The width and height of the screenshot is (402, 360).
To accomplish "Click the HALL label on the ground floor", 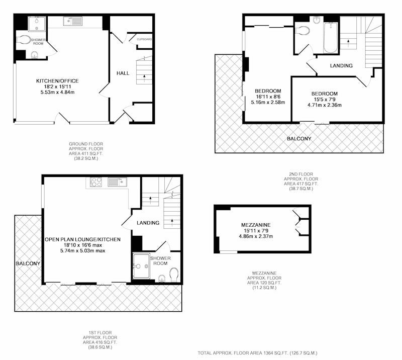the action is pyautogui.click(x=123, y=73).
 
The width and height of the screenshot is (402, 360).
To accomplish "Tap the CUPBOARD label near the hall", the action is pyautogui.click(x=144, y=39).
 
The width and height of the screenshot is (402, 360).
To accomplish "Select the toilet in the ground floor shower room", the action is pyautogui.click(x=23, y=40).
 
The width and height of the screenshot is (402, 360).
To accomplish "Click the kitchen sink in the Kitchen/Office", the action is pyautogui.click(x=72, y=21).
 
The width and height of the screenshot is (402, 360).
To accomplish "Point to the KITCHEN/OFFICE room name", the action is pyautogui.click(x=57, y=81).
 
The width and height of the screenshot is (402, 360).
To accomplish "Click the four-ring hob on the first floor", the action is pyautogui.click(x=96, y=182).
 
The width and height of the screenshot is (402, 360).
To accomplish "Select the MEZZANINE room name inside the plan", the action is pyautogui.click(x=256, y=225).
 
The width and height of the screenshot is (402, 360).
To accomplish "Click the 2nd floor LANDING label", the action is pyautogui.click(x=341, y=66).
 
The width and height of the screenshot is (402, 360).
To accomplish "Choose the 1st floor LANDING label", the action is pyautogui.click(x=148, y=223).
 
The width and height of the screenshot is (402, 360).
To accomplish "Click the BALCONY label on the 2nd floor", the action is pyautogui.click(x=299, y=139).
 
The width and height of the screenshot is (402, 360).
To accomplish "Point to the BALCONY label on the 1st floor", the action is pyautogui.click(x=28, y=263).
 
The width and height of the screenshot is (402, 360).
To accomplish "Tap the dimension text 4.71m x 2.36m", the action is pyautogui.click(x=325, y=105).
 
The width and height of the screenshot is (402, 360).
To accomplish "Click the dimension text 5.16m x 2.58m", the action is pyautogui.click(x=268, y=103).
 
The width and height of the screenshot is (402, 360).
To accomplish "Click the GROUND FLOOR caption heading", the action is pyautogui.click(x=86, y=144).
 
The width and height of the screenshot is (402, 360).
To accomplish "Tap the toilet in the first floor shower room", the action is pyautogui.click(x=174, y=275).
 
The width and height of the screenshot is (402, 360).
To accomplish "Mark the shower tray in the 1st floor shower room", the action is pyautogui.click(x=141, y=266).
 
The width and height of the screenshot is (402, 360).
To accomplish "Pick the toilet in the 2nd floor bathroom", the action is pyautogui.click(x=303, y=30).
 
